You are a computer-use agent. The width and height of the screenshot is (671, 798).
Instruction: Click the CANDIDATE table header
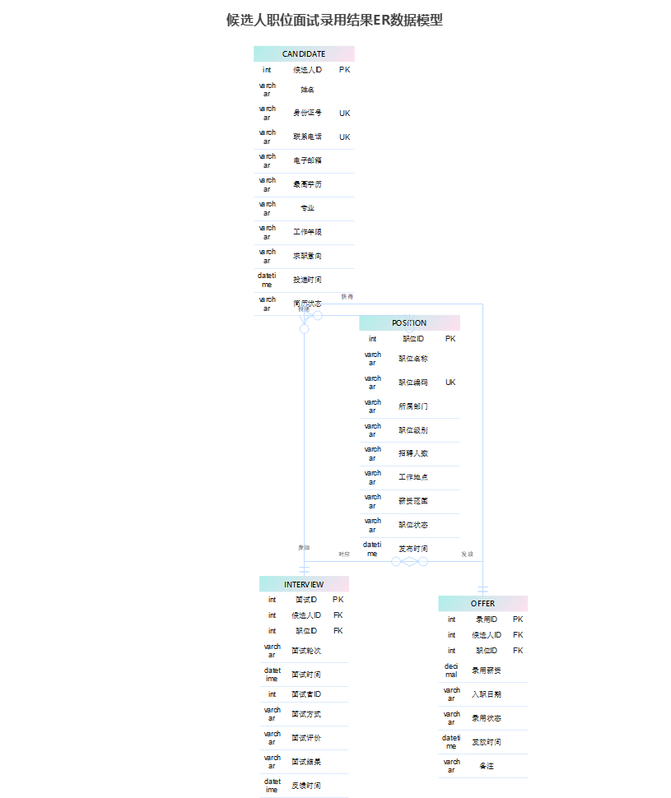pos(304,53)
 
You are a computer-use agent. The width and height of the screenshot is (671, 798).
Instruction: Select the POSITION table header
pos(409,322)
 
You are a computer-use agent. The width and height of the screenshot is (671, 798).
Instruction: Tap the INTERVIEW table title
pos(304,584)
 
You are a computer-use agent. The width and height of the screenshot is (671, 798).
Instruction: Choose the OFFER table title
pos(482,603)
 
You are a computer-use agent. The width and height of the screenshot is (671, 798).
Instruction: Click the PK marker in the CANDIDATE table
pos(344,70)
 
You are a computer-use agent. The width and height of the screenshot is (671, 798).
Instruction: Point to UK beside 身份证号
pos(344,114)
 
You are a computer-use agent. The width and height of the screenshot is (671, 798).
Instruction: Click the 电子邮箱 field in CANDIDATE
pos(307,160)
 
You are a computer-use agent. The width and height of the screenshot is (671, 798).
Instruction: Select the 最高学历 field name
pos(307,184)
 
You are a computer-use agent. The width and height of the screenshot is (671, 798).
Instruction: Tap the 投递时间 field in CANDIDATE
pos(307,280)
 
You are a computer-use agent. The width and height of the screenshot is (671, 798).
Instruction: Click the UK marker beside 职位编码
pos(450,383)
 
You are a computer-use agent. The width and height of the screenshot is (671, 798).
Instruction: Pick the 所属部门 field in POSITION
pos(413,406)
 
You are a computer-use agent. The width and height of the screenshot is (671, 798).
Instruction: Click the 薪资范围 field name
pos(413,501)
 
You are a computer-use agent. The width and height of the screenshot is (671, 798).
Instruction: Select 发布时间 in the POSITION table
pos(413,549)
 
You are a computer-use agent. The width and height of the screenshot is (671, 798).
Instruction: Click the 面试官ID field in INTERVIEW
pos(306,694)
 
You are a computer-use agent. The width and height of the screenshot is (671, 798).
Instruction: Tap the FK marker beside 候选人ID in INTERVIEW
pos(338,615)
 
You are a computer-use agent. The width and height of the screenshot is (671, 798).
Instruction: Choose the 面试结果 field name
pos(306,762)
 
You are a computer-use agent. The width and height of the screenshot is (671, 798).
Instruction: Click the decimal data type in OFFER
pos(451,670)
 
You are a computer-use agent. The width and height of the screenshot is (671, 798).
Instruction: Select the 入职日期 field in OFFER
pos(486,694)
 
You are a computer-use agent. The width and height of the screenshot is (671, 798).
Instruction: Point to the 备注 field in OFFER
pos(486,766)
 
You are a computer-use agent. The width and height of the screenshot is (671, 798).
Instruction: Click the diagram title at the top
pos(335,20)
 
